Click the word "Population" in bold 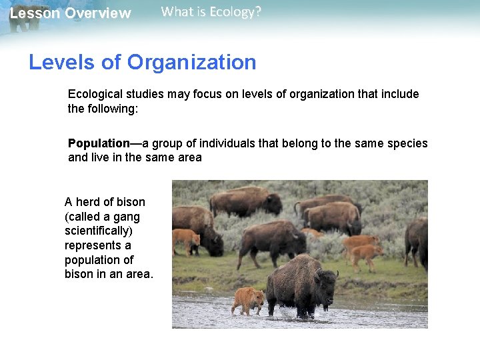click(99, 143)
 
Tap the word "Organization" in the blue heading click(192, 63)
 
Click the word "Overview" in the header click(98, 13)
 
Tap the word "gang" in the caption click(127, 217)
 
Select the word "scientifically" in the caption click(97, 231)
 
